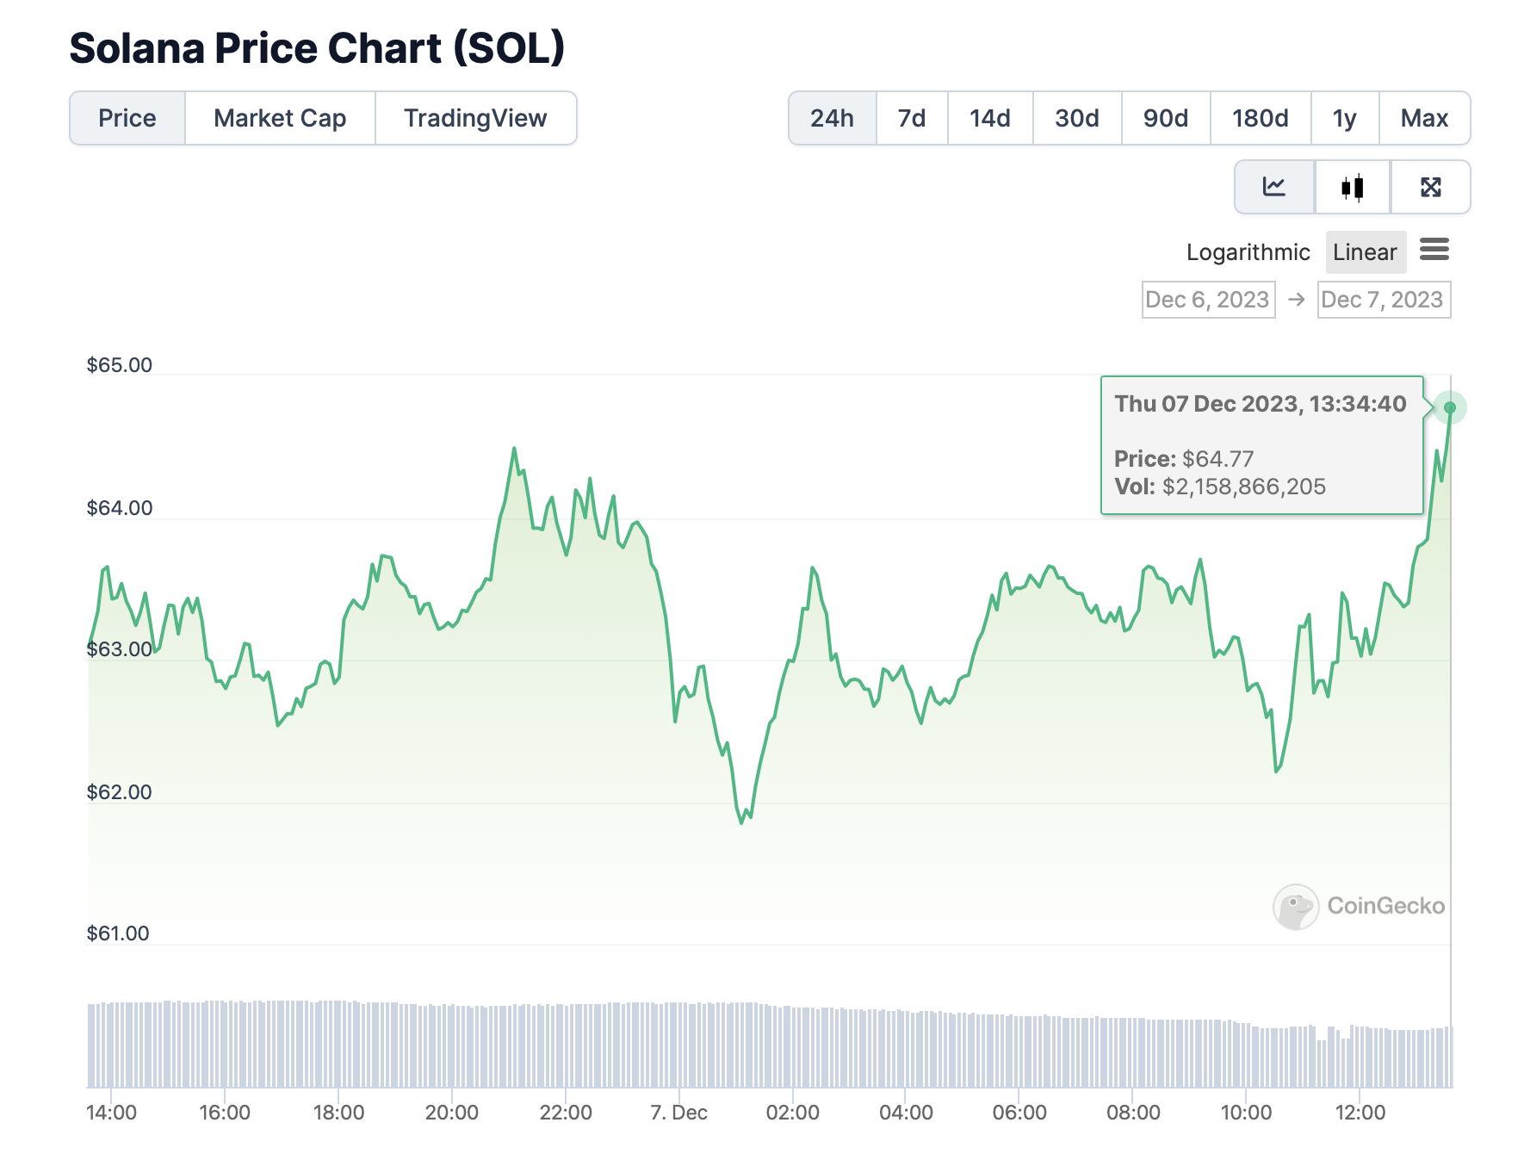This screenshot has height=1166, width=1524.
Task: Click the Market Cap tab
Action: [280, 118]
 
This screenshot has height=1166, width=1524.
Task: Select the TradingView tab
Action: [475, 118]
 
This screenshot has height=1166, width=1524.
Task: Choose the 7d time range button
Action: [911, 118]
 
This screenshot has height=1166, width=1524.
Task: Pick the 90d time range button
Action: [1165, 118]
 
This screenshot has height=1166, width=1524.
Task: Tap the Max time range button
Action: [1424, 118]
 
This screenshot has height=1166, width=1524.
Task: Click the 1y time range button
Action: [1344, 118]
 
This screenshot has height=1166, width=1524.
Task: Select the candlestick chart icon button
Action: [1352, 187]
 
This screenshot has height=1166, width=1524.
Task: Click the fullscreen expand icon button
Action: [1430, 187]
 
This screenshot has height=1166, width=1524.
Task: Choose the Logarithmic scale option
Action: [1248, 252]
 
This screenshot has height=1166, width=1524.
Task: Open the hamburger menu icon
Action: [1434, 250]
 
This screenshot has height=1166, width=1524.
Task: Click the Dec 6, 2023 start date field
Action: [1207, 300]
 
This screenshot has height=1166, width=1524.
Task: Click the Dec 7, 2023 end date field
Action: [1383, 300]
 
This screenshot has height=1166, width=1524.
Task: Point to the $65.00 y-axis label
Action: [119, 365]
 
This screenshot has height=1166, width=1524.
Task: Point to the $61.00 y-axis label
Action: [118, 933]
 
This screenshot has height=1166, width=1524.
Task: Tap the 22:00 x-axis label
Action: [566, 1113]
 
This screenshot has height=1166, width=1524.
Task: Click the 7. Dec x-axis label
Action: [678, 1113]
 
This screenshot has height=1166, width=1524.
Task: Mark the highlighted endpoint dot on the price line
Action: [1450, 407]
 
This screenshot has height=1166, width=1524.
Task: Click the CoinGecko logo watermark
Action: [1295, 907]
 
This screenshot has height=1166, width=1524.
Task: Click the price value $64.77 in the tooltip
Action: [1217, 459]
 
